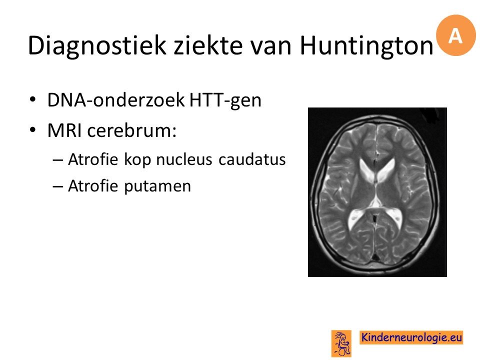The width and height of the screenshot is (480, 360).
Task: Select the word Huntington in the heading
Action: [x=366, y=46]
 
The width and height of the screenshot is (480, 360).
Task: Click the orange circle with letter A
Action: [x=455, y=35]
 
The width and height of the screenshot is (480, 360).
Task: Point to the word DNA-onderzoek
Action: [x=116, y=99]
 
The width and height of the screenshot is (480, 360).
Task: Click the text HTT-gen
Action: [x=225, y=100]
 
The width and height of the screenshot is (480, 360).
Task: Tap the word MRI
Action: [x=64, y=130]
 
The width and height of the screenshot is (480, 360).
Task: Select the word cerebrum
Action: [x=131, y=130]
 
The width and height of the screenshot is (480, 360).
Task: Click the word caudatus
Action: [x=252, y=159]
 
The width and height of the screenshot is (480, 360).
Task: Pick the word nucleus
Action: [x=184, y=159]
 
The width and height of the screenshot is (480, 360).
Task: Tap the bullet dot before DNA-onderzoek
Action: [x=33, y=100]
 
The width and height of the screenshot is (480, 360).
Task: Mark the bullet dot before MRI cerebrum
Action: [x=33, y=130]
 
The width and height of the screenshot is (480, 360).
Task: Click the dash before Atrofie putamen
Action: [x=58, y=186]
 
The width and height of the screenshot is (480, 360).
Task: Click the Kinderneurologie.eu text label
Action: [x=411, y=337]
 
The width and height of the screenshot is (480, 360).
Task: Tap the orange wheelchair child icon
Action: [x=341, y=343]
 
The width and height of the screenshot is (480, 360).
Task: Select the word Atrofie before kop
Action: [x=93, y=159]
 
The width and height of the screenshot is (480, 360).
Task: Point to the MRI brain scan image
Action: [x=377, y=192]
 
